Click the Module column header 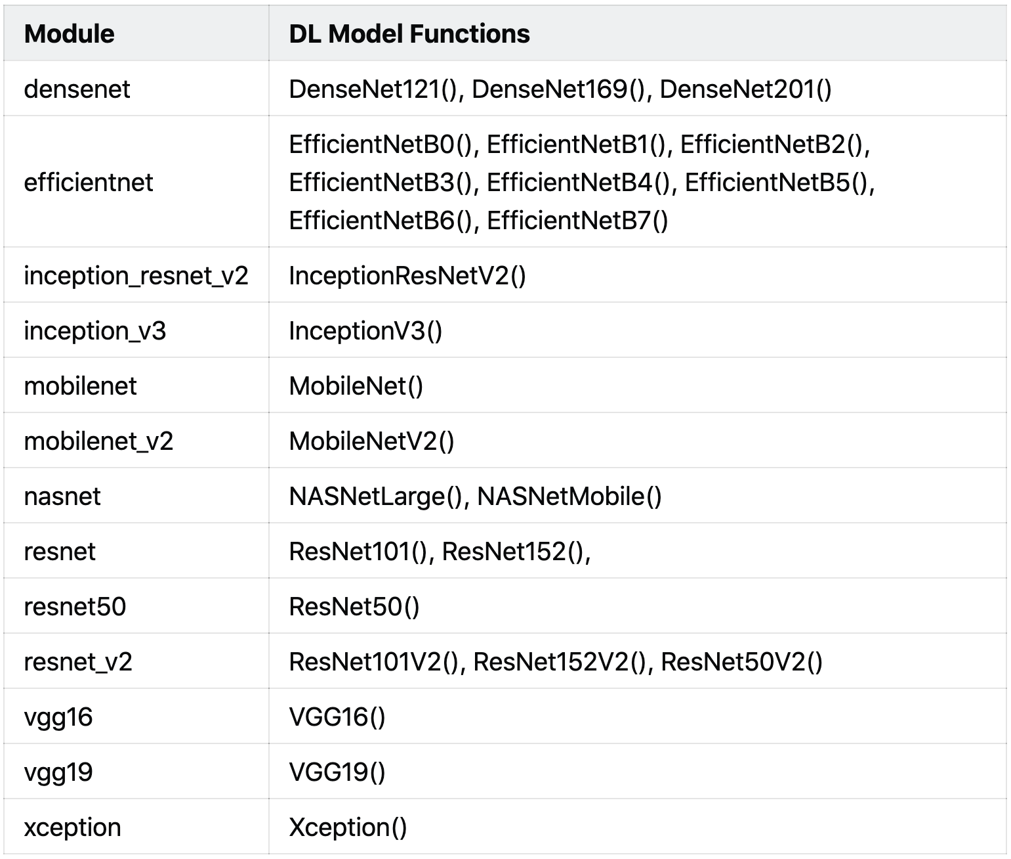(69, 34)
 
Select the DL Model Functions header (409, 34)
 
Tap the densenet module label (77, 89)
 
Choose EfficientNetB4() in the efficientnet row (580, 183)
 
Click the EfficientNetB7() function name (577, 221)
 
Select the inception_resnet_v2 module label (136, 276)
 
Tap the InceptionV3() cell (365, 331)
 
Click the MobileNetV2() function (371, 441)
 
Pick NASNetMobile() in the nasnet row (569, 496)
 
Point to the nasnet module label (62, 496)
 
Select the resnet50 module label (75, 607)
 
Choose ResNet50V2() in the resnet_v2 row (741, 662)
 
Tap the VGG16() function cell (337, 717)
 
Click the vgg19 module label (58, 772)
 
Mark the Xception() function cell (348, 827)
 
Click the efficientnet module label (88, 183)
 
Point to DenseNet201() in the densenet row (745, 89)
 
